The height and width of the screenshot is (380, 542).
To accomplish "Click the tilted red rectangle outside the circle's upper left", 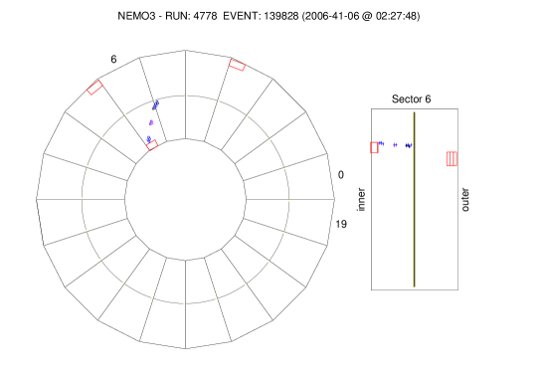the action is pos(94,88).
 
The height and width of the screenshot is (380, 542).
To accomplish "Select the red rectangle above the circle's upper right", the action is pos(237,66).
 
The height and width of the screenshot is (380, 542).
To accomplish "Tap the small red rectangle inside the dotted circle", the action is pos(152,145).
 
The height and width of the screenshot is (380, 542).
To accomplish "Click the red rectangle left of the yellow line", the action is pos(374,148).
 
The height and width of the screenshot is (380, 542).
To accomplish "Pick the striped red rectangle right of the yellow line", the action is pos(452,159).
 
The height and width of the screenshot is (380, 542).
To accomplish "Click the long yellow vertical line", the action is pos(414,199).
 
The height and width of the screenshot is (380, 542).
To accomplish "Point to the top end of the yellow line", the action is pos(414,112).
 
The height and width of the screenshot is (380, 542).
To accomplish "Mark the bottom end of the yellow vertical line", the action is pos(414,287).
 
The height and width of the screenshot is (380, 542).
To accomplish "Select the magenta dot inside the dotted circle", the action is pos(152,122).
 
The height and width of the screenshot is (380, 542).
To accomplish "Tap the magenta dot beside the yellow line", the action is pos(395,145).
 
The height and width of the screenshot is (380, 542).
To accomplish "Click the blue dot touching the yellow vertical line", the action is pos(409,146).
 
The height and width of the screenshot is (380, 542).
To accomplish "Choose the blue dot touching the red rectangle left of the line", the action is pos(382,143).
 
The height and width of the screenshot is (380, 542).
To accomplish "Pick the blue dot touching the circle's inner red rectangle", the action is pos(149,138).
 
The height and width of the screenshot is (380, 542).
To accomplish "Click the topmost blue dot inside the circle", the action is pos(155,103).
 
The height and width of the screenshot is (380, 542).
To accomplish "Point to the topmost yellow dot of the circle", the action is pos(186,95).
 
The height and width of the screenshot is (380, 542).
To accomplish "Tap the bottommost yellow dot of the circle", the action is pos(184,303).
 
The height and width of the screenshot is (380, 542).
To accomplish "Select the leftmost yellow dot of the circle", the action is pos(82,198).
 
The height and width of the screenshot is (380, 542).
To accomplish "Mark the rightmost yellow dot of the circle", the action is pos(289,201).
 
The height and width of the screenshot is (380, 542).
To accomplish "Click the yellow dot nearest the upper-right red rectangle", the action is pos(218,101).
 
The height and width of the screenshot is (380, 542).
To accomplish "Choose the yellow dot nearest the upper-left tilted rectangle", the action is pos(125,114).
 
